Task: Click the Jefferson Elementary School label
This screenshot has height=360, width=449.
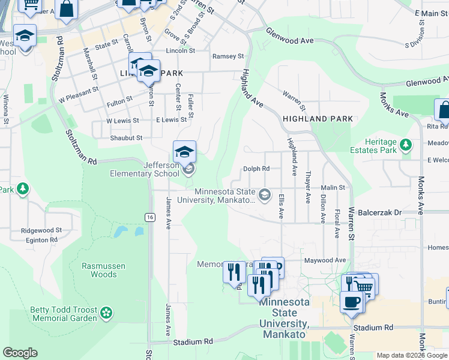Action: click(152, 170)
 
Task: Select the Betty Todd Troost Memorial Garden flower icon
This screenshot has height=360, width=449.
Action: click(106, 312)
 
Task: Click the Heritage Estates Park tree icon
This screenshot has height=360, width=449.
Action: click(406, 145)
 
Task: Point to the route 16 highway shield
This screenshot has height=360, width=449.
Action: click(149, 217)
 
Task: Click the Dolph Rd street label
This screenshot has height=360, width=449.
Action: click(256, 169)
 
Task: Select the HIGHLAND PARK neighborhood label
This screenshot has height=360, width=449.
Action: click(318, 119)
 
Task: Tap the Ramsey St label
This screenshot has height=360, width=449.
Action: click(228, 56)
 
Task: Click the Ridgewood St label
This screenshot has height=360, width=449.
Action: click(41, 230)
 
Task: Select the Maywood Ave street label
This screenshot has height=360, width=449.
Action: click(325, 260)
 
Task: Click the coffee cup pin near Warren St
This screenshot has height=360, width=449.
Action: click(352, 301)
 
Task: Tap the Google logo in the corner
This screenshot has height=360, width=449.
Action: click(20, 353)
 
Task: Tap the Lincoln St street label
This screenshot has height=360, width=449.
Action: click(180, 51)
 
